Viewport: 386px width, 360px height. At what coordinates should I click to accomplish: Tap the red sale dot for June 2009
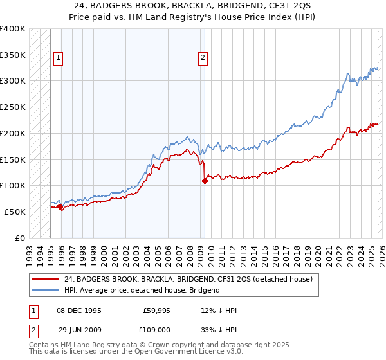point(205,181)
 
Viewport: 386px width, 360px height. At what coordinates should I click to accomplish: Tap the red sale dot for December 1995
point(60,206)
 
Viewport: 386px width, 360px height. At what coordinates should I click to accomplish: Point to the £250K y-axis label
point(13,107)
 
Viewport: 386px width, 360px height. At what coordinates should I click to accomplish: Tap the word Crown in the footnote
point(158,346)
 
